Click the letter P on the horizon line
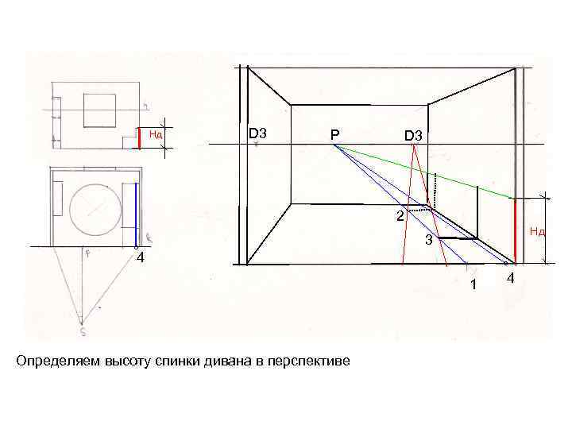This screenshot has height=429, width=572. pos(335,136)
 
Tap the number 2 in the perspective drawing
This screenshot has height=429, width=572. pos(401,216)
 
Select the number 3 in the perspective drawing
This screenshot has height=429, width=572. pos(427,240)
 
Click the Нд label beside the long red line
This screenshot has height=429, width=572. pos(537,232)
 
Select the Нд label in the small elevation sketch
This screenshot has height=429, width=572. pos(156,134)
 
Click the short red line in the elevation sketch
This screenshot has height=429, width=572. pos(139,138)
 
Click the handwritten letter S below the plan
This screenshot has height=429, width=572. pos(82,323)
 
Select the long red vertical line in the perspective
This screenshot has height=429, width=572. pos(516,230)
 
